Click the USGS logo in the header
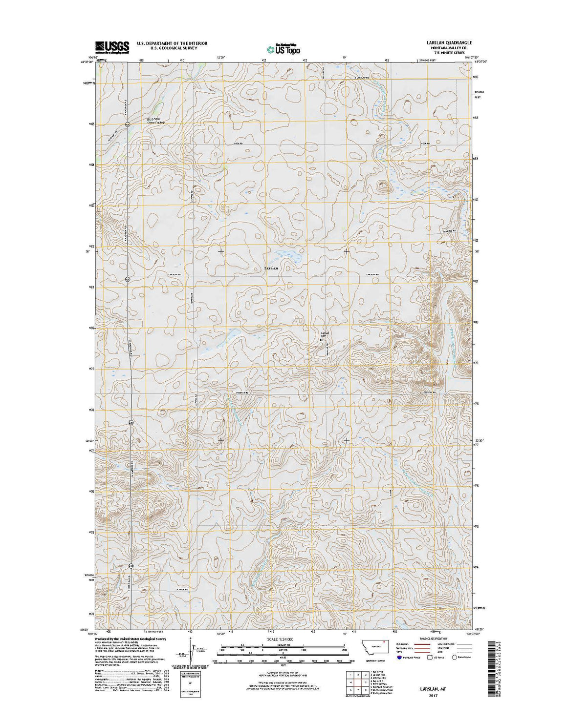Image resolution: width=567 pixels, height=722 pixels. click(112, 47)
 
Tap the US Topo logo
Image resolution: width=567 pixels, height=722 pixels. click(283, 48)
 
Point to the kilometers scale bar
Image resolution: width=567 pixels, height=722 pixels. click(283, 647)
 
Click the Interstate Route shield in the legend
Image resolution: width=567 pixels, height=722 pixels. click(402, 658)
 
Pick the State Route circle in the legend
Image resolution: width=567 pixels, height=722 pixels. click(454, 658)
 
